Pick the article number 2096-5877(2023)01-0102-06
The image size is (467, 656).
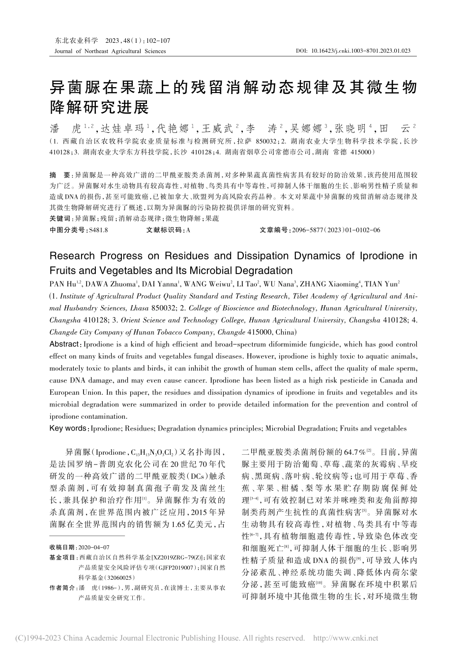[335, 230]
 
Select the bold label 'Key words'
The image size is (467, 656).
[67, 428]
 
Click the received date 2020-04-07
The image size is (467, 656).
[94, 547]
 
